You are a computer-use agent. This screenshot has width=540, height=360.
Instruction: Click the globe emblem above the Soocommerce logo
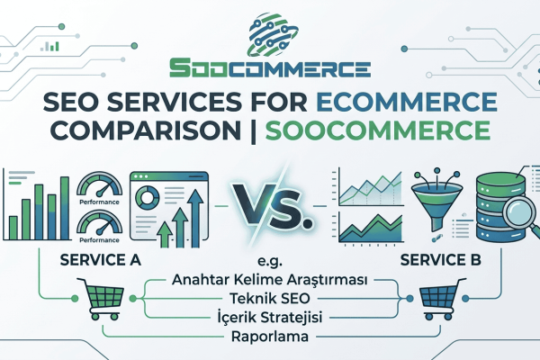(270, 33)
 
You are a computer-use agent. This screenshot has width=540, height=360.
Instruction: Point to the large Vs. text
(270, 204)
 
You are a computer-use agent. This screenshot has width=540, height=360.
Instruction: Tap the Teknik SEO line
(269, 300)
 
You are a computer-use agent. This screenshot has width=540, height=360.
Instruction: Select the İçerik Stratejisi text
(269, 319)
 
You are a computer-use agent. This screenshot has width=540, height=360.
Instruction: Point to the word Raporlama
(269, 339)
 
